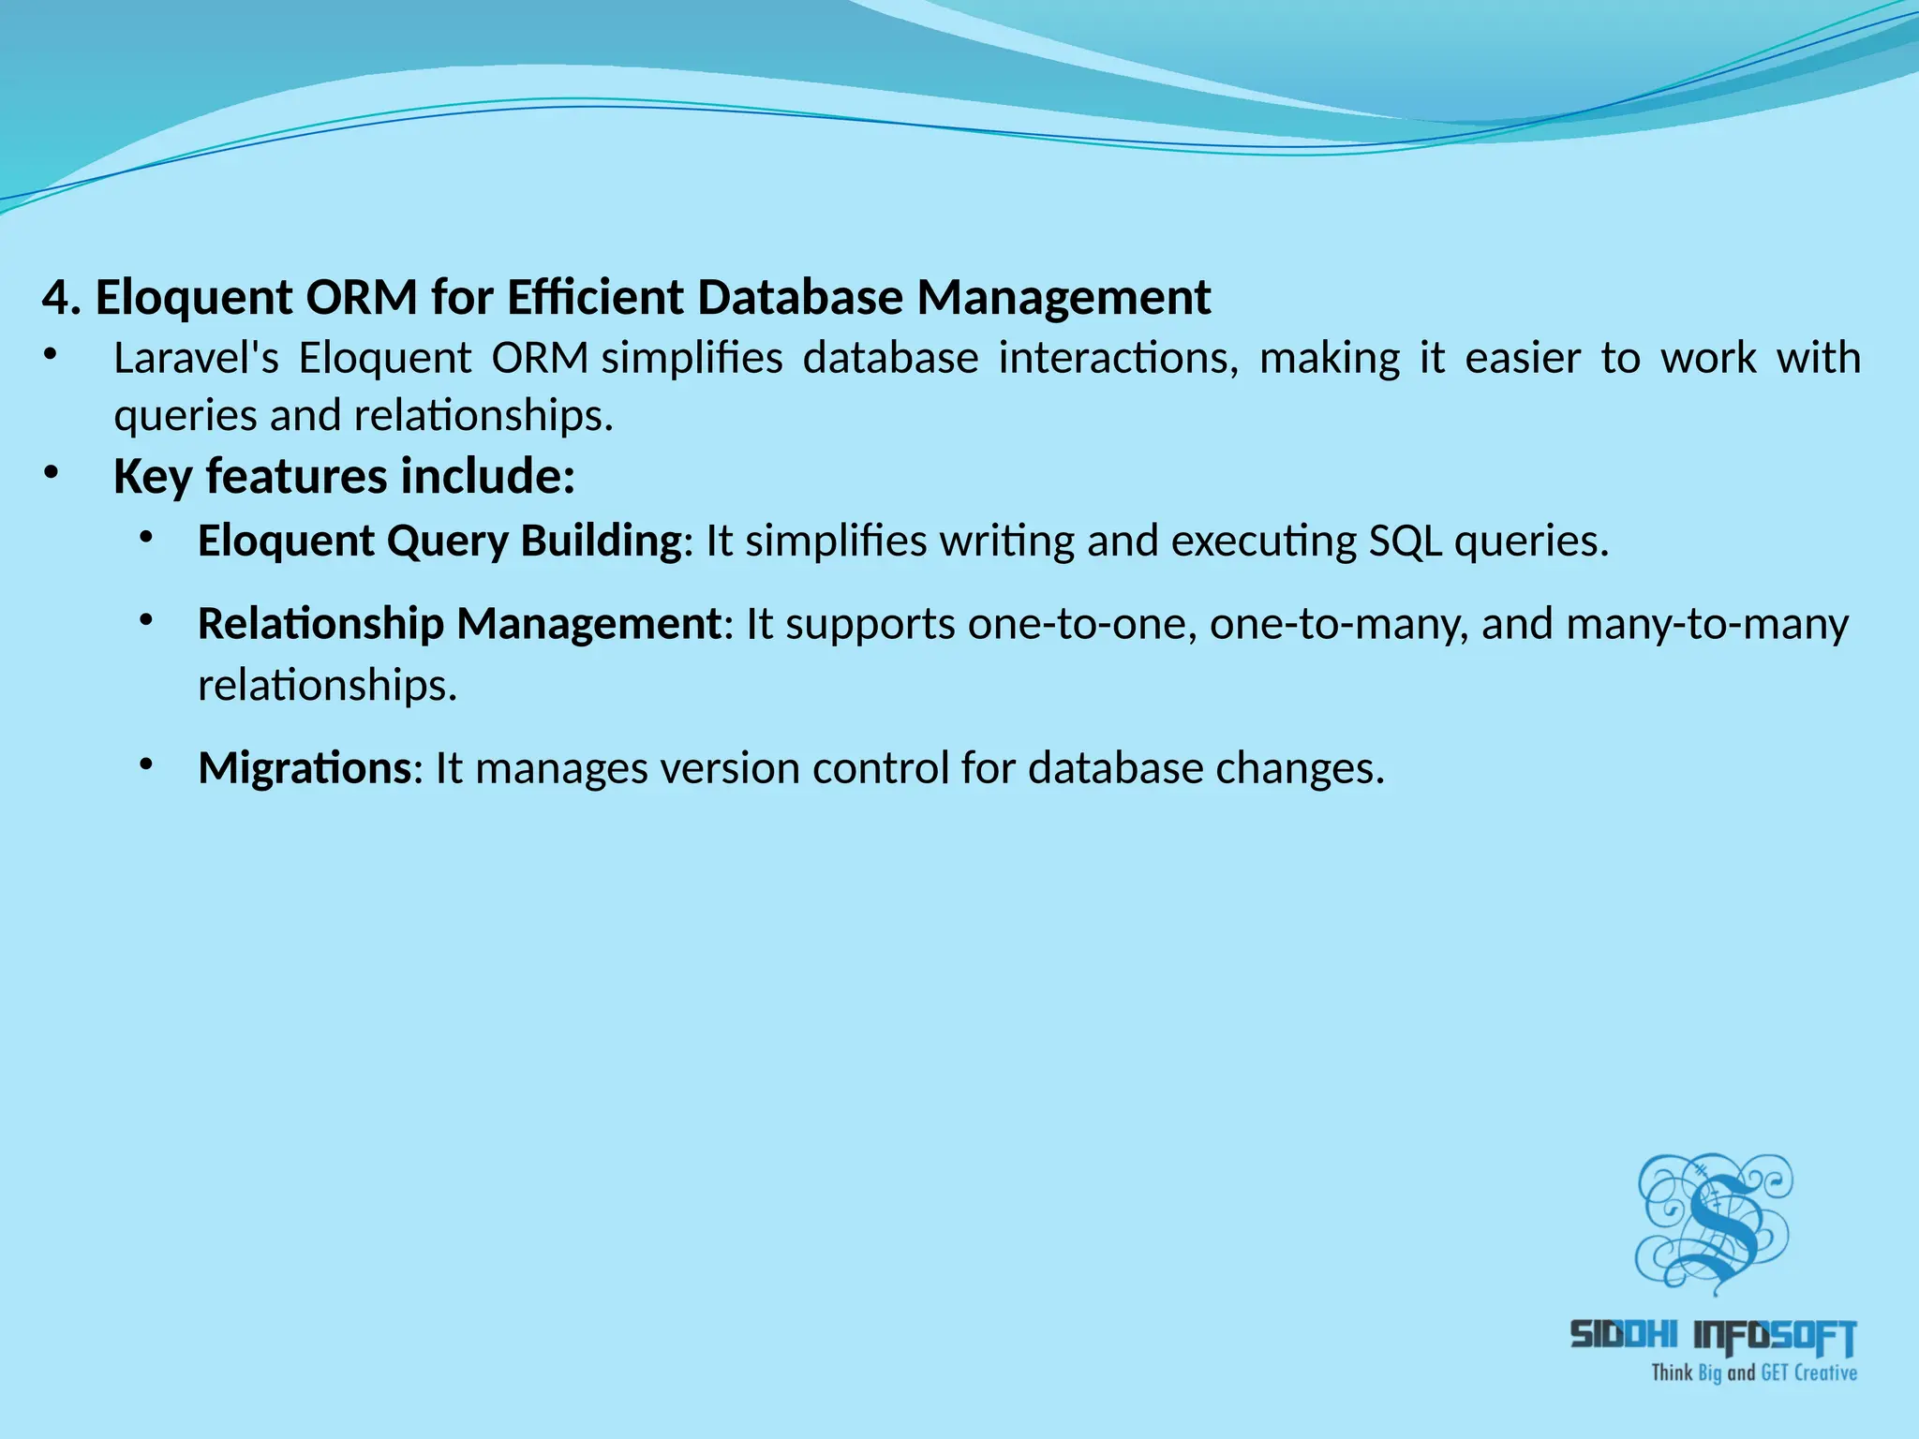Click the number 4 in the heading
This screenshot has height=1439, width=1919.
point(56,299)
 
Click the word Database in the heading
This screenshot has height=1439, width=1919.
point(799,299)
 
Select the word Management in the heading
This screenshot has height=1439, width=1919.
point(1064,299)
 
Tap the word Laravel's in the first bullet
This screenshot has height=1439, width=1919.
point(196,359)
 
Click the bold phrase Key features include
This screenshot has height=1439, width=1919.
point(343,476)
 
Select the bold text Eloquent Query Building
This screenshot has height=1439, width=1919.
point(439,541)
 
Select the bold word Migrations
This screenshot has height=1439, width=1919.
point(305,768)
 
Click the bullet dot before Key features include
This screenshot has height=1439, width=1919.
point(51,473)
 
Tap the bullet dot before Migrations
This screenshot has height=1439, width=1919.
point(145,765)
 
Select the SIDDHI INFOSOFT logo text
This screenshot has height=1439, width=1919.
point(1713,1337)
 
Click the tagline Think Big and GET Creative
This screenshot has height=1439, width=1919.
point(1753,1373)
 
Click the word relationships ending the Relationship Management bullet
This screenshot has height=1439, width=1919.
point(327,686)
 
